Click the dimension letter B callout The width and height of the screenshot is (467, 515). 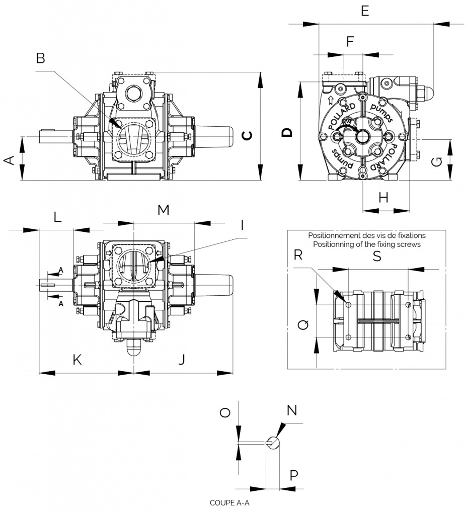pyautogui.click(x=40, y=58)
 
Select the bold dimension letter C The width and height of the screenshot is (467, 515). pyautogui.click(x=247, y=135)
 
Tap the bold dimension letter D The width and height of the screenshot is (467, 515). pyautogui.click(x=287, y=132)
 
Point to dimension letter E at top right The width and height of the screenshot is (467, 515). pyautogui.click(x=365, y=11)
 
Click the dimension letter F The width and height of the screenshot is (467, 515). pyautogui.click(x=350, y=42)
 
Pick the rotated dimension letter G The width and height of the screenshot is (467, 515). pyautogui.click(x=437, y=161)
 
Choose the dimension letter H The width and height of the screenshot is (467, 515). pyautogui.click(x=383, y=198)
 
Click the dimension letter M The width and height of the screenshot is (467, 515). pyautogui.click(x=164, y=210)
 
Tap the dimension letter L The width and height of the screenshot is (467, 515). pyautogui.click(x=57, y=217)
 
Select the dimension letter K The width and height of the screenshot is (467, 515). pyautogui.click(x=77, y=360)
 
